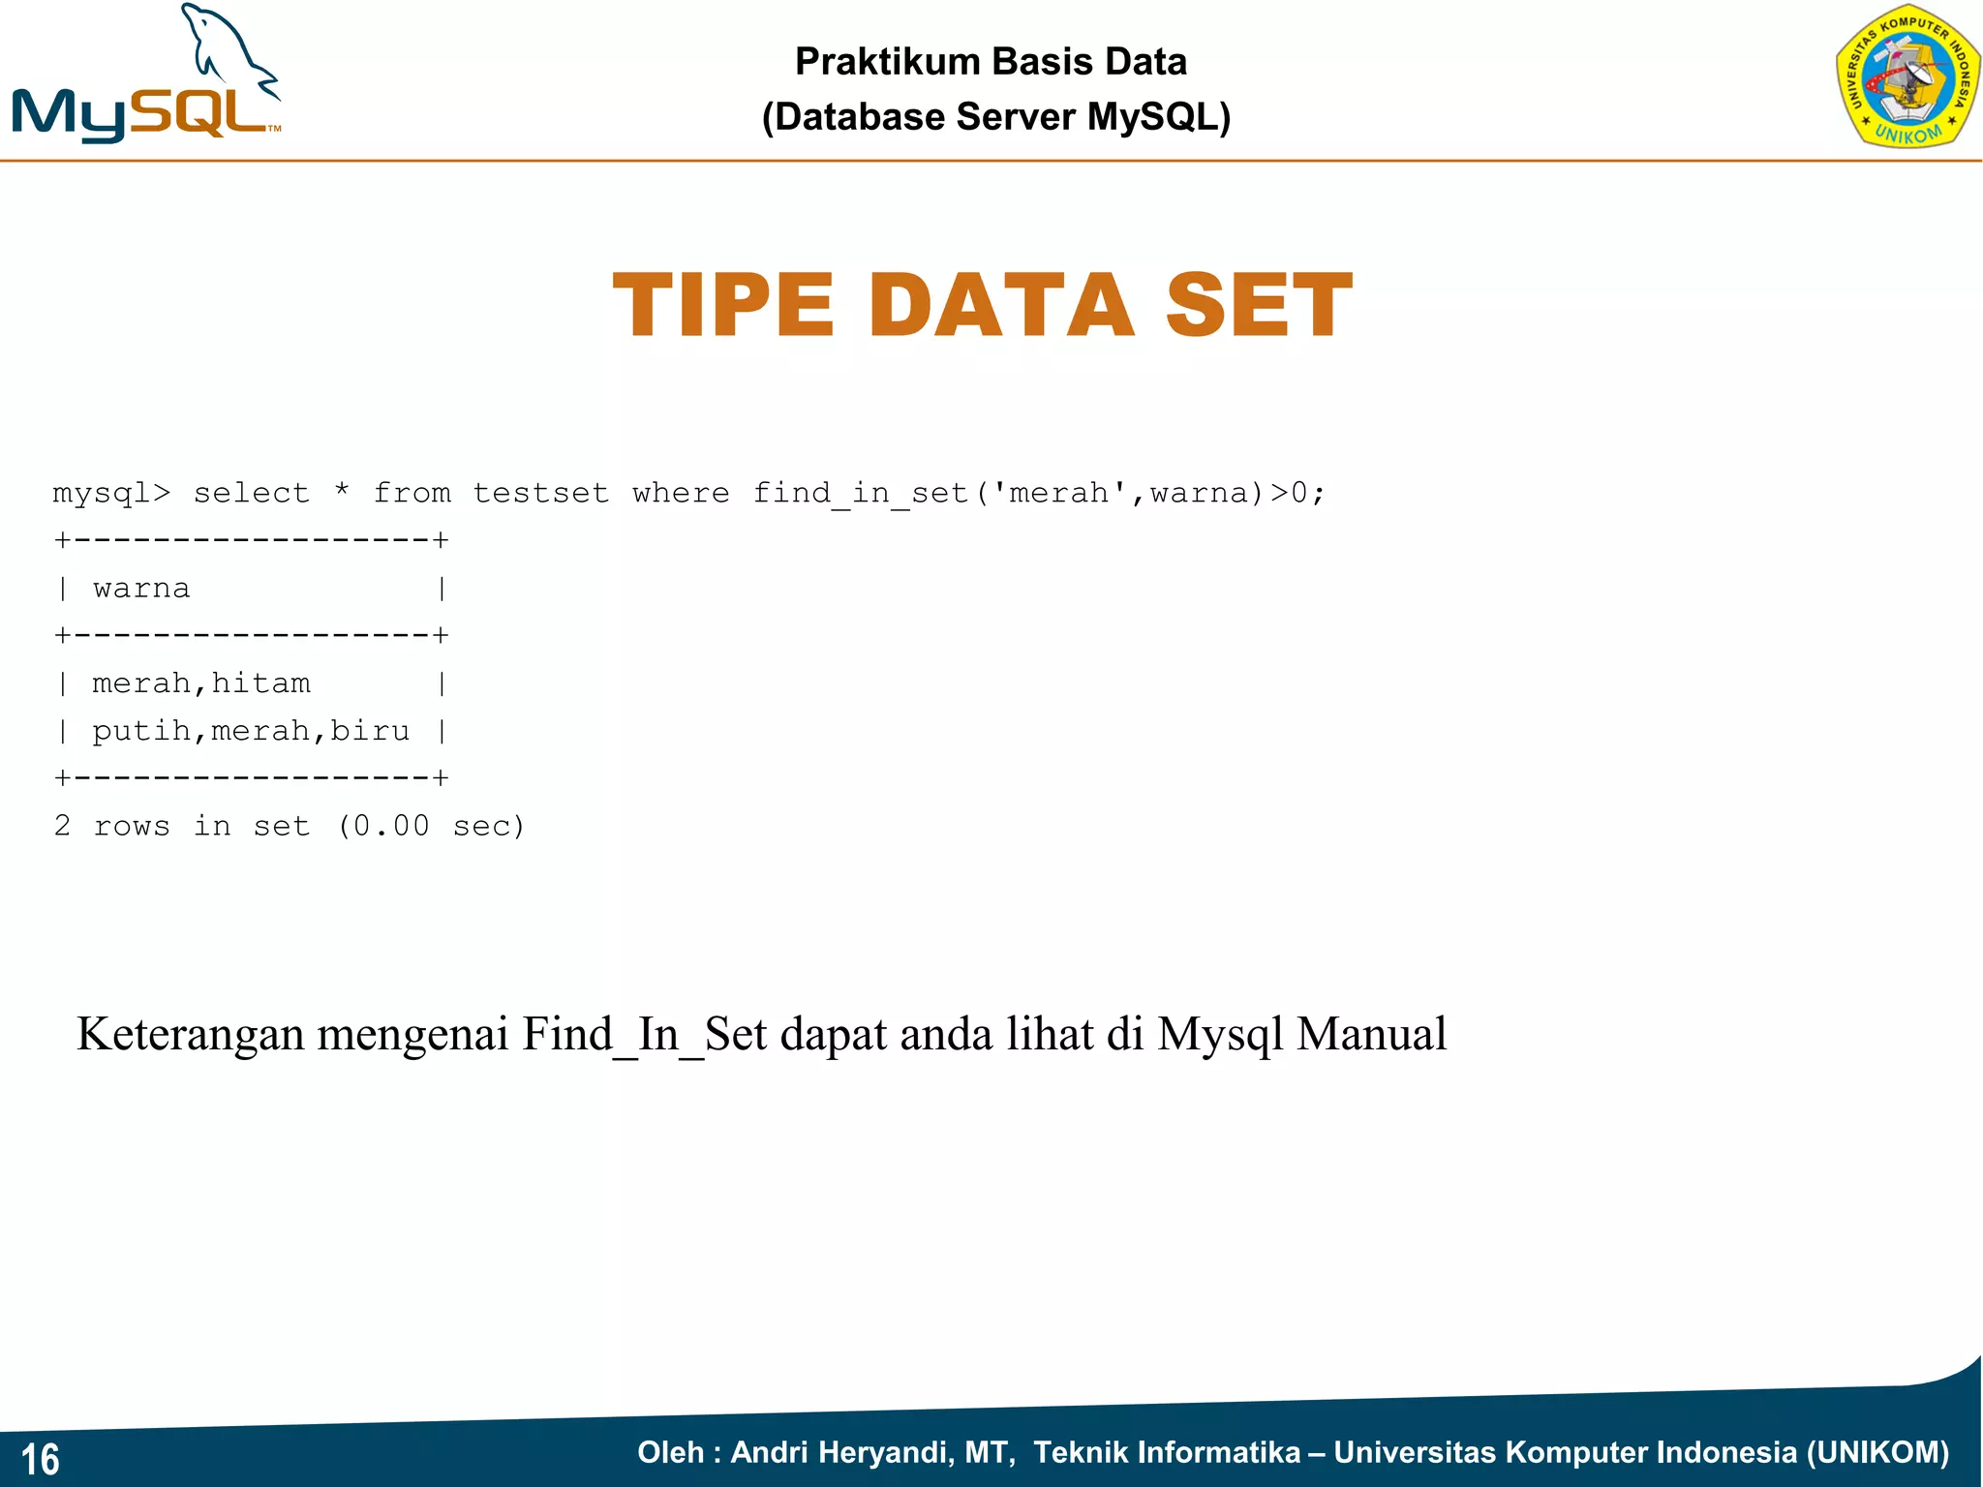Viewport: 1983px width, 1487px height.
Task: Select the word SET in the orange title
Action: point(1258,306)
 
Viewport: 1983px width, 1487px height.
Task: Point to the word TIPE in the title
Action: point(723,306)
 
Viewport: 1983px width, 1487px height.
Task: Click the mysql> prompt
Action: point(111,494)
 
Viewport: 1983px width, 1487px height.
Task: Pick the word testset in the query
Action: point(540,494)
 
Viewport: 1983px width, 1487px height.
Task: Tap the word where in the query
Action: point(681,494)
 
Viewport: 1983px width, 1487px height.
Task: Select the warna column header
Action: point(141,589)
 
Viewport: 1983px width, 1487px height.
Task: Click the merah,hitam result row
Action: point(201,683)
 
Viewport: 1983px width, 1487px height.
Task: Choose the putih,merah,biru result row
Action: point(251,731)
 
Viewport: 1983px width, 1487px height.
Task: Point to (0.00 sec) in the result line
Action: point(431,826)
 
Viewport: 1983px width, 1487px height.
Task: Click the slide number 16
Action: point(40,1459)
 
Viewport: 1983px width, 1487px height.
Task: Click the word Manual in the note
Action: point(1371,1034)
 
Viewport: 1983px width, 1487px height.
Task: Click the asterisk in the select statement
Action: point(342,492)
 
